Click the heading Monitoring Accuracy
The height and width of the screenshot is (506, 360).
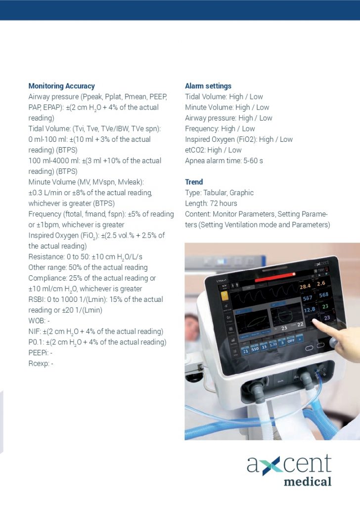[61, 86]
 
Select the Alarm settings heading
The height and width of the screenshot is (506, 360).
[208, 86]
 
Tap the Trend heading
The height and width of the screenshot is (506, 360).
[194, 182]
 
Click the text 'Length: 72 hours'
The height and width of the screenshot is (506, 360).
[211, 203]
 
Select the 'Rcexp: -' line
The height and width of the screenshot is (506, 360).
[41, 364]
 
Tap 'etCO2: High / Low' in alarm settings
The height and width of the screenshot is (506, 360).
[213, 150]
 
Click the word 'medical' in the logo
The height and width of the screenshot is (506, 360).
[308, 481]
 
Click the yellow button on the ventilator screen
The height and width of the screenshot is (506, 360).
[224, 296]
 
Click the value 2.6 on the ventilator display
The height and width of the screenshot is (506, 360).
[322, 283]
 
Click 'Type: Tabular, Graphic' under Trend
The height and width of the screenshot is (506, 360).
[219, 193]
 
